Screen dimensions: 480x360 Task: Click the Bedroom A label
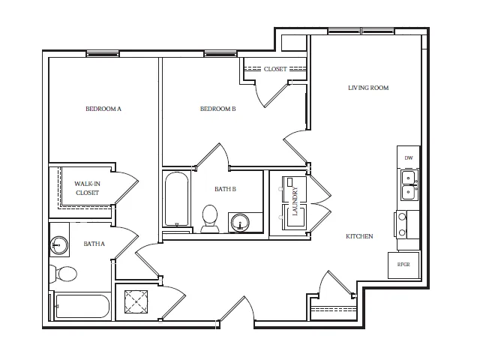[x=103, y=109]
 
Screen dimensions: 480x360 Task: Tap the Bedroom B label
[x=218, y=109]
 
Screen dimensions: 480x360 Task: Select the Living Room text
[x=368, y=88]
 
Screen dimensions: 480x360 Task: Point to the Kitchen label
[x=359, y=236]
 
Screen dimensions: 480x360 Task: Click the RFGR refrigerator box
[x=403, y=265]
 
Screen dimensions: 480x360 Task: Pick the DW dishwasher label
[x=409, y=158]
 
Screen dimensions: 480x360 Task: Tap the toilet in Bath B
[x=210, y=218]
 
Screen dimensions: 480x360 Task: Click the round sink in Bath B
[x=240, y=222]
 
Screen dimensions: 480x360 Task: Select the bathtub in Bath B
[x=177, y=199]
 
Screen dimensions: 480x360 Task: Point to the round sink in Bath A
[x=58, y=245]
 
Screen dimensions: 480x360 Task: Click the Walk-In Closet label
[x=87, y=188]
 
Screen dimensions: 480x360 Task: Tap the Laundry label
[x=295, y=201]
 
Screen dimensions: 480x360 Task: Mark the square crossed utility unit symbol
[x=136, y=301]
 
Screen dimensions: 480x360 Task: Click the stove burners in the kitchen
[x=402, y=225]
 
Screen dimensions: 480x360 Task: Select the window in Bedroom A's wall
[x=103, y=54]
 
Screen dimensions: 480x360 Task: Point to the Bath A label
[x=94, y=244]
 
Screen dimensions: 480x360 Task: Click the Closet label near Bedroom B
[x=275, y=69]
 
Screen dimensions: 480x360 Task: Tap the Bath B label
[x=225, y=189]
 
